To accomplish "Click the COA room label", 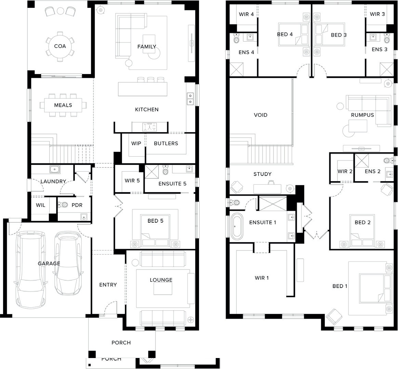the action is [x=60, y=46].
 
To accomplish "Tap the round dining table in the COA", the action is [x=60, y=46].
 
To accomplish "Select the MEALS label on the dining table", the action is [x=63, y=105].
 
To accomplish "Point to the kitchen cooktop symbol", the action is [x=149, y=127].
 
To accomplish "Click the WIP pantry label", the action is [x=136, y=143].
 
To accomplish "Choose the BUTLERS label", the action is [x=166, y=143].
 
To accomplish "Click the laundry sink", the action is [x=55, y=169].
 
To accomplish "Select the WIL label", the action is [x=40, y=205].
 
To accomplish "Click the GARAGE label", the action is [x=49, y=263].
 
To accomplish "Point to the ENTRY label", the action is [x=108, y=285].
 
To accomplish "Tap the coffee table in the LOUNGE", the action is [x=163, y=289].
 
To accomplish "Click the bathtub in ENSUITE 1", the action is [x=237, y=226].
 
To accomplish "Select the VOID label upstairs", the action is [x=261, y=115].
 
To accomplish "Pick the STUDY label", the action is [x=263, y=174].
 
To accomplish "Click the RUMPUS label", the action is [x=362, y=115].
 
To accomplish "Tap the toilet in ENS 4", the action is [x=236, y=38].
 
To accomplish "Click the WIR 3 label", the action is [x=377, y=14].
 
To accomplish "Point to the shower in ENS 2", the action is [x=362, y=161].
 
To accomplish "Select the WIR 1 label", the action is [x=262, y=278].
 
